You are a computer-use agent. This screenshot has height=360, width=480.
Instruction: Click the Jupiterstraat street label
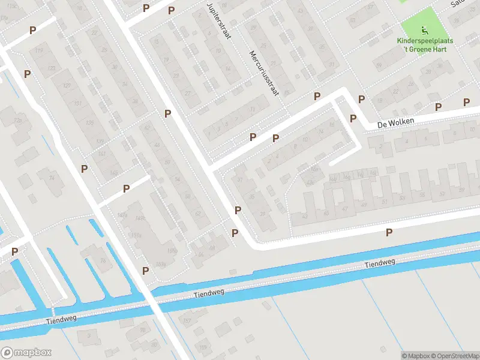[x=219, y=21]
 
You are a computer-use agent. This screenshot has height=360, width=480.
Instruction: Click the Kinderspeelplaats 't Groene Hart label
[x=425, y=45]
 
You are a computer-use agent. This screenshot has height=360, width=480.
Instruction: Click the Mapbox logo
[x=26, y=353]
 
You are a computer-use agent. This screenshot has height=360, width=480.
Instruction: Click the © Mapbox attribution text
[x=416, y=356]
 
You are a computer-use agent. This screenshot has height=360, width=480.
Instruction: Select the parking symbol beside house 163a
[x=145, y=271]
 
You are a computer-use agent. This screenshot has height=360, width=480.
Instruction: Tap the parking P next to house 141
[x=85, y=169]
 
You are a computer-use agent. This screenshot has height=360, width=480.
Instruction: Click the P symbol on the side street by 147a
[x=126, y=188]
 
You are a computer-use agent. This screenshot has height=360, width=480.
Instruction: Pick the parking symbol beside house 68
[x=235, y=233]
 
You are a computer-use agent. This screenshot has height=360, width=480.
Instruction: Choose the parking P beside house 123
[x=27, y=74]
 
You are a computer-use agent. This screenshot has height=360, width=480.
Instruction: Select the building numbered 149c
[x=172, y=251]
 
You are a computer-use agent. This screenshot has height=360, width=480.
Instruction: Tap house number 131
[x=77, y=104]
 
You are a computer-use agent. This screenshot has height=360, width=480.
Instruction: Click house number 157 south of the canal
[x=187, y=321]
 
